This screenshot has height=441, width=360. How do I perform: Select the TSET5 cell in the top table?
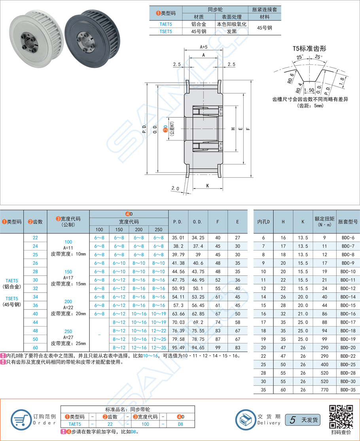point(165,31)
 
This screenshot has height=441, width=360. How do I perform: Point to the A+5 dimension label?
point(204,47)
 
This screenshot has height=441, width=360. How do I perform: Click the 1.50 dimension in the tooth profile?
point(309,90)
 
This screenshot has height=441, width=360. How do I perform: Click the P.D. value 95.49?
point(178,347)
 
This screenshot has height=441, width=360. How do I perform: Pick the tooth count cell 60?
point(36,347)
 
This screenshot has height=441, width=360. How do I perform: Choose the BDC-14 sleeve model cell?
point(348,297)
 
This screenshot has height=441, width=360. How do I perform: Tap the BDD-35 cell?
point(348,389)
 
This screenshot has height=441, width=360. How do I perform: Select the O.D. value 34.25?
point(198,238)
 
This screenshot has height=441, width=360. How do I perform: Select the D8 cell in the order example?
point(180,424)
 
